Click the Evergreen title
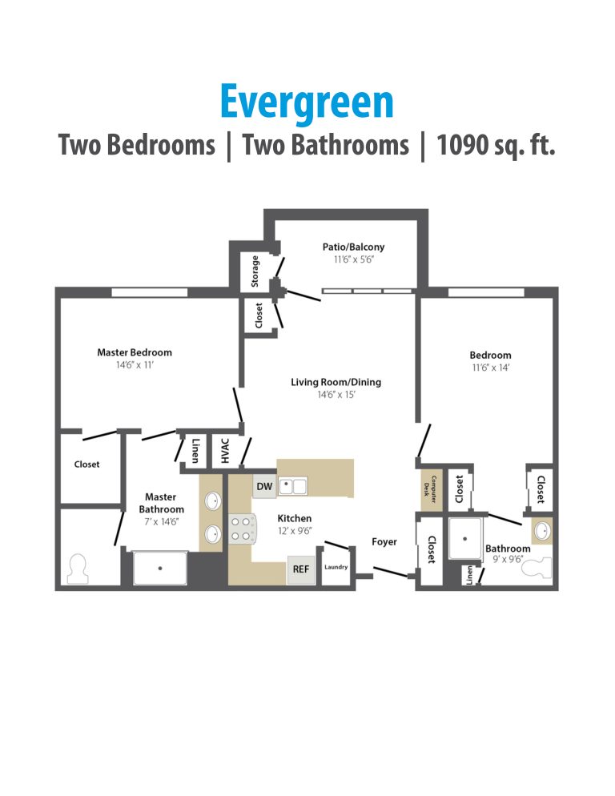(x=307, y=103)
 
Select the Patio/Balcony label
(x=353, y=247)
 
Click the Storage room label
(x=255, y=271)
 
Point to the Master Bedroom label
(x=135, y=352)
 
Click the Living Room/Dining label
(x=336, y=382)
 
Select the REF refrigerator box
(x=301, y=569)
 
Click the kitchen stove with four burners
(x=243, y=528)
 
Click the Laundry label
(x=336, y=568)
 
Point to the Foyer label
(x=384, y=542)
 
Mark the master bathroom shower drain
(x=160, y=568)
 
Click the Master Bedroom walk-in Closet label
(x=87, y=464)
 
